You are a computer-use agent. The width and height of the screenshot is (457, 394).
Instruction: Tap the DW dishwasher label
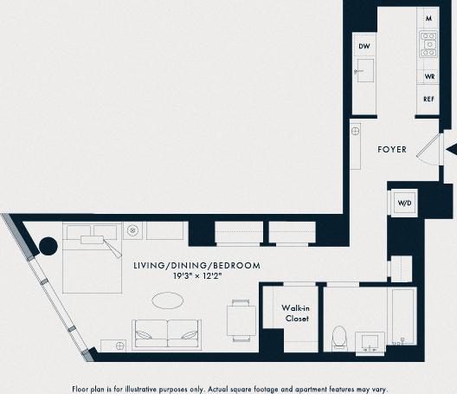[364, 46]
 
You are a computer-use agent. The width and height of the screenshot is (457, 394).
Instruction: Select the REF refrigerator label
[428, 99]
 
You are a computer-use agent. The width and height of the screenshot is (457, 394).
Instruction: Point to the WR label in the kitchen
[428, 76]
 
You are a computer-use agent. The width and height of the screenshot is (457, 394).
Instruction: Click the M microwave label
[428, 17]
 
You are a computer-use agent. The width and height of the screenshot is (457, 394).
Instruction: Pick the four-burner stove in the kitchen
[428, 44]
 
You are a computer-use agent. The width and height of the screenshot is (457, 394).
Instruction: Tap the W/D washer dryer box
[404, 203]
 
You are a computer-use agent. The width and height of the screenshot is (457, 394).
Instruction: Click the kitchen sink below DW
[364, 70]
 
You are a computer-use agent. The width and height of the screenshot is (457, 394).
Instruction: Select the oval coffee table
[167, 300]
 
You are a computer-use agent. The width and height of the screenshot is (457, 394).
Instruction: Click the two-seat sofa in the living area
[166, 333]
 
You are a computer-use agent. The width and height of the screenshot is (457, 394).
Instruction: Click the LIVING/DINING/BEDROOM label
[196, 266]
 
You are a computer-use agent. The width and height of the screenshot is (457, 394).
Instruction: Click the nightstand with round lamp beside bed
[132, 230]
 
